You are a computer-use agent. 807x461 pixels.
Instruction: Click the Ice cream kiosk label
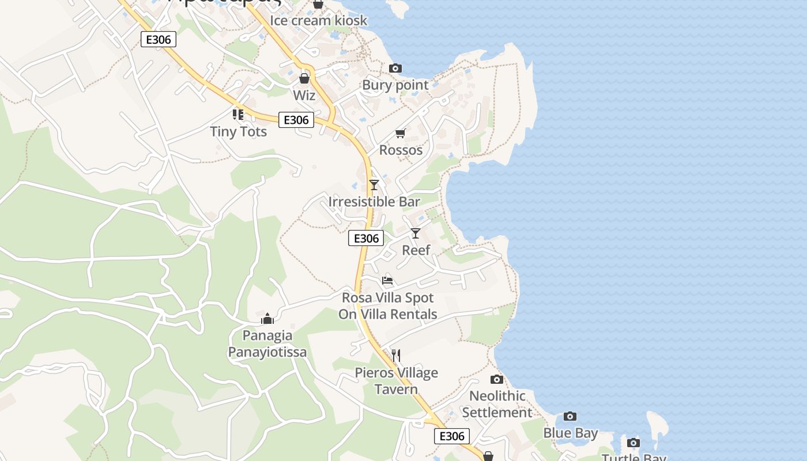click(x=318, y=21)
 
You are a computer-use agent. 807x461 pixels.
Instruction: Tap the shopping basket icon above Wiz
click(x=304, y=78)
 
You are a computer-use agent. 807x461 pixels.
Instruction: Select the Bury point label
click(x=395, y=85)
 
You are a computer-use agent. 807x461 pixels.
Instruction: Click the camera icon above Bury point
click(x=395, y=69)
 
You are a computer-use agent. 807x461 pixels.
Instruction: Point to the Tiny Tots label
click(x=238, y=132)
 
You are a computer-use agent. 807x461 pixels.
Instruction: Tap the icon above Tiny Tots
click(x=238, y=115)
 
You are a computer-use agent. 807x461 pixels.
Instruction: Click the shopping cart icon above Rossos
click(x=401, y=134)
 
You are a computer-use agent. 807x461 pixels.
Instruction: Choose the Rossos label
click(x=401, y=150)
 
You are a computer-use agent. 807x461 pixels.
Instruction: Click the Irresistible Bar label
click(x=374, y=202)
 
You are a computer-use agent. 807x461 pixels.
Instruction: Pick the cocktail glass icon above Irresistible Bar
click(x=374, y=185)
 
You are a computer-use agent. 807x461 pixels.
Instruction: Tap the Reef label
click(x=416, y=250)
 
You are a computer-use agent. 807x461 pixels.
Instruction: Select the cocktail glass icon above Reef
click(x=416, y=233)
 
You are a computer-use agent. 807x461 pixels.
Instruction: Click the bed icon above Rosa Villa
click(x=387, y=281)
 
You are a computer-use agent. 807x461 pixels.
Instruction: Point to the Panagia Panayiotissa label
click(x=267, y=344)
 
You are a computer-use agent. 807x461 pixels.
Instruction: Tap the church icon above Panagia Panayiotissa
click(x=267, y=319)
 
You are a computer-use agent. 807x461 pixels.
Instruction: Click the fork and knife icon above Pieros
click(x=396, y=356)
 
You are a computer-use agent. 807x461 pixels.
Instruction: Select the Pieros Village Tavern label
click(x=396, y=381)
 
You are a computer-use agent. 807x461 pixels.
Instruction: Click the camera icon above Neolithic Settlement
click(x=497, y=379)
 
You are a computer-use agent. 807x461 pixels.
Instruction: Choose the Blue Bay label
click(x=570, y=433)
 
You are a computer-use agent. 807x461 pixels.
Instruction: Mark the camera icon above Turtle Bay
click(x=633, y=443)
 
